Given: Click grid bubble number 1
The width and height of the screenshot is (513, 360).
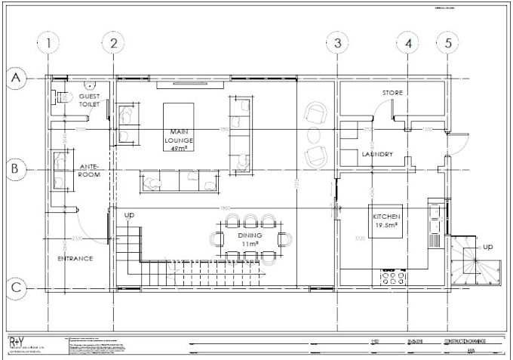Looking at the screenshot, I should [x=49, y=44].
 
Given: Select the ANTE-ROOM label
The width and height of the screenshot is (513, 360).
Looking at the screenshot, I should [x=90, y=170].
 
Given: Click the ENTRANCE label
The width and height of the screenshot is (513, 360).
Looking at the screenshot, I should [x=75, y=258].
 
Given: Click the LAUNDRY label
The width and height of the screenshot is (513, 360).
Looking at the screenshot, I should [x=377, y=155].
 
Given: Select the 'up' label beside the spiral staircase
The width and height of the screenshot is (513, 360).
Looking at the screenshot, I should [x=487, y=247].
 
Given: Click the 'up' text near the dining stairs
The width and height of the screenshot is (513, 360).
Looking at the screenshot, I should [x=129, y=216].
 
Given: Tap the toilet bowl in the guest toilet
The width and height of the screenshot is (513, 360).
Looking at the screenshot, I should [x=63, y=97].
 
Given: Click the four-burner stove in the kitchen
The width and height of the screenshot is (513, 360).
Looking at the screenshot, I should [x=394, y=278].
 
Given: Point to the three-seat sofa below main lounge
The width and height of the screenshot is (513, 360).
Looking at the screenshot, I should [x=178, y=181].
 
